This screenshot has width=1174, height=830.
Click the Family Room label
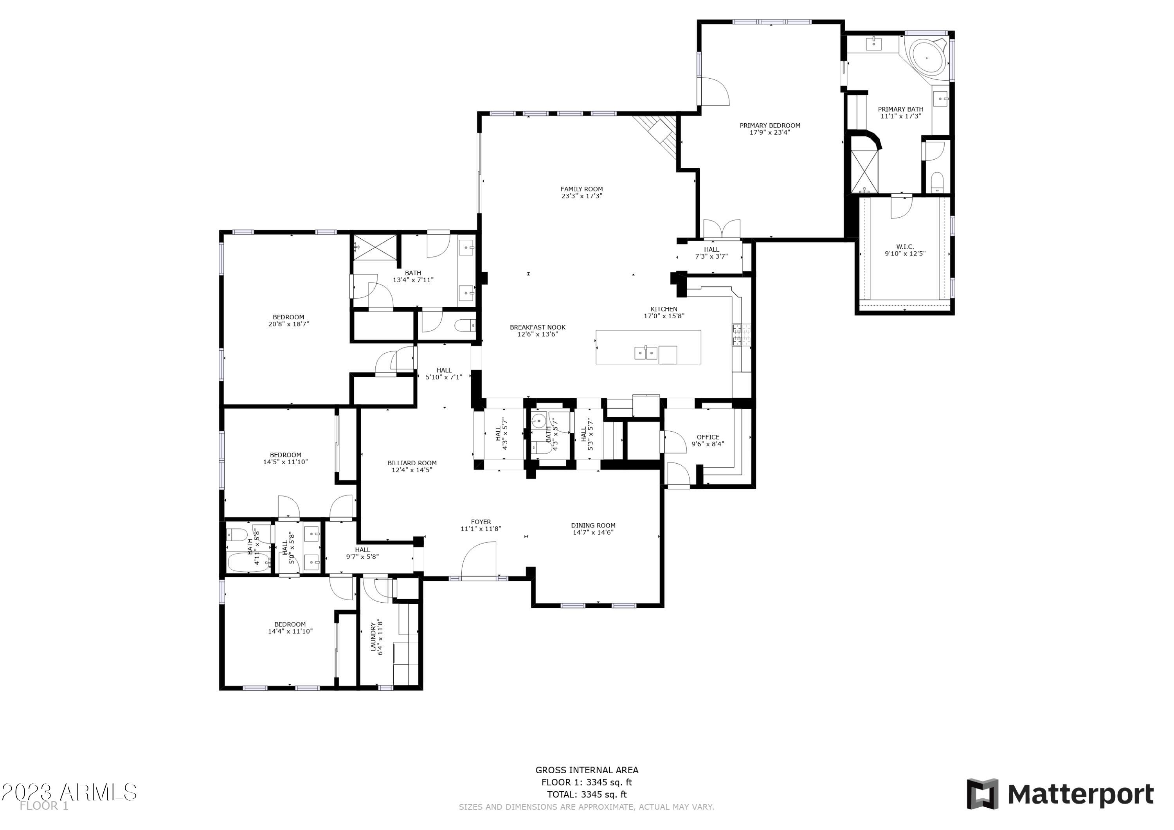click(582, 189)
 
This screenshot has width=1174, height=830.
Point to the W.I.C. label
click(905, 247)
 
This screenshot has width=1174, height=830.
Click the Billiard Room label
click(412, 463)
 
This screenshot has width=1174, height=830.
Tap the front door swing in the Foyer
click(479, 560)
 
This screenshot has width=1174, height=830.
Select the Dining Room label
click(593, 525)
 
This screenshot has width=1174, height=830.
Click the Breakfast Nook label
click(537, 327)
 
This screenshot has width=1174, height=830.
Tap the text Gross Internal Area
click(587, 770)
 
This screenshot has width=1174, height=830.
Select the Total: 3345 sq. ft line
click(587, 795)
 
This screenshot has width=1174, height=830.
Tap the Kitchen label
click(664, 309)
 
